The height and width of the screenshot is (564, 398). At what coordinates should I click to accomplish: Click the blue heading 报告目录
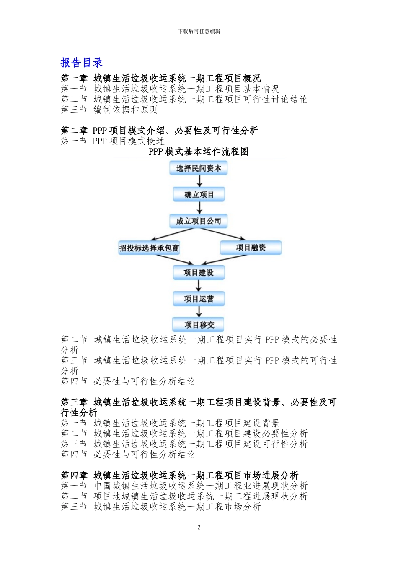pyautogui.click(x=82, y=63)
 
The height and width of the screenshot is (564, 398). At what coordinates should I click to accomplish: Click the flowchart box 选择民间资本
pyautogui.click(x=199, y=168)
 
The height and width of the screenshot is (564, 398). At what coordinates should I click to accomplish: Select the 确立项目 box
pyautogui.click(x=199, y=195)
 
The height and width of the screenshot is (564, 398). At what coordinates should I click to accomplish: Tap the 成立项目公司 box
pyautogui.click(x=199, y=221)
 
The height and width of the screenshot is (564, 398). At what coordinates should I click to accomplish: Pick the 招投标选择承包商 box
pyautogui.click(x=149, y=248)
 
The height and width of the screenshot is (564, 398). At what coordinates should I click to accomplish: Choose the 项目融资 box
pyautogui.click(x=251, y=248)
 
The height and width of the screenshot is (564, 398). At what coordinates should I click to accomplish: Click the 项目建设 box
pyautogui.click(x=199, y=273)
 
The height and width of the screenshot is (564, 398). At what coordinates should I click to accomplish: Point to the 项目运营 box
pyautogui.click(x=199, y=299)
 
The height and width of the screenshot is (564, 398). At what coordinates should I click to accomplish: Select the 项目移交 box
pyautogui.click(x=199, y=325)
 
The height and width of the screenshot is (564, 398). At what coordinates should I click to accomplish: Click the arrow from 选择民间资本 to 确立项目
pyautogui.click(x=199, y=181)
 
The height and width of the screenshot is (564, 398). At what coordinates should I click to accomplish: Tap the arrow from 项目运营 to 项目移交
pyautogui.click(x=199, y=312)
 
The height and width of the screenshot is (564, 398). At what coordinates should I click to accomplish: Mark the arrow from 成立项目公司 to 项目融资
pyautogui.click(x=224, y=234)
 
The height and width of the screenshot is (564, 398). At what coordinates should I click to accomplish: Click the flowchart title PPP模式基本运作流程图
pyautogui.click(x=199, y=151)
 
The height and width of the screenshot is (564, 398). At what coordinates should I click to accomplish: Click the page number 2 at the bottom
pyautogui.click(x=199, y=527)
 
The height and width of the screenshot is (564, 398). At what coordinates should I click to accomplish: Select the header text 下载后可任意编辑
pyautogui.click(x=199, y=31)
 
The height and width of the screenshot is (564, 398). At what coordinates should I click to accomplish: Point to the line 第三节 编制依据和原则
pyautogui.click(x=109, y=110)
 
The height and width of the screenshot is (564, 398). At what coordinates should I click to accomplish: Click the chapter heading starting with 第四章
pyautogui.click(x=179, y=475)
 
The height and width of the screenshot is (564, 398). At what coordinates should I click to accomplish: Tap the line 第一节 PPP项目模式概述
pyautogui.click(x=112, y=141)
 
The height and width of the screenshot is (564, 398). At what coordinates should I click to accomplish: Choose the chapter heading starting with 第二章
pyautogui.click(x=159, y=131)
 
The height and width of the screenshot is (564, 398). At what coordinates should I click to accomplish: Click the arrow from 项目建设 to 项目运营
pyautogui.click(x=199, y=286)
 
